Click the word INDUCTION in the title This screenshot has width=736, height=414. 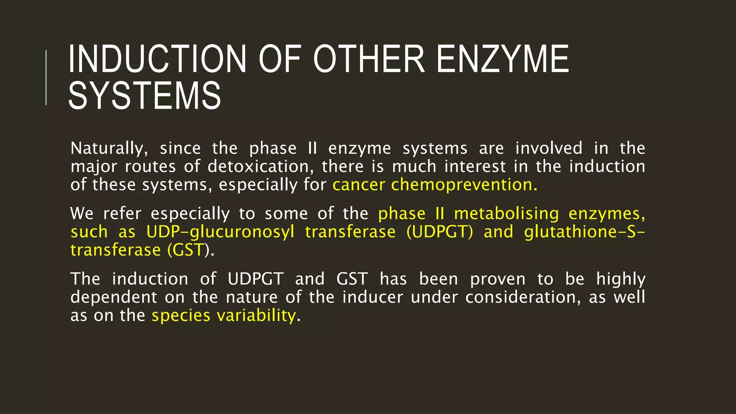[157, 59]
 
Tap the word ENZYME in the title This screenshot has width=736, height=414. [502, 59]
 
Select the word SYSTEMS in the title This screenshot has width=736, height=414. [144, 96]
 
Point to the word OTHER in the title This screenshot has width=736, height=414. [369, 59]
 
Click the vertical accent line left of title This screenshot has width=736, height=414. [46, 77]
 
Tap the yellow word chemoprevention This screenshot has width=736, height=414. [464, 185]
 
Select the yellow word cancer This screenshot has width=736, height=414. [359, 185]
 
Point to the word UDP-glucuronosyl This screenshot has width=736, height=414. [220, 232]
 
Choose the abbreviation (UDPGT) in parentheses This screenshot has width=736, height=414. [440, 232]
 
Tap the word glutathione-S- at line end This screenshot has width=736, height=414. [584, 232]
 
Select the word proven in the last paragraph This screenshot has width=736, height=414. [498, 280]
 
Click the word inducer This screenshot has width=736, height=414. [372, 298]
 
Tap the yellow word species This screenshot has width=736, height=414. [181, 316]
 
